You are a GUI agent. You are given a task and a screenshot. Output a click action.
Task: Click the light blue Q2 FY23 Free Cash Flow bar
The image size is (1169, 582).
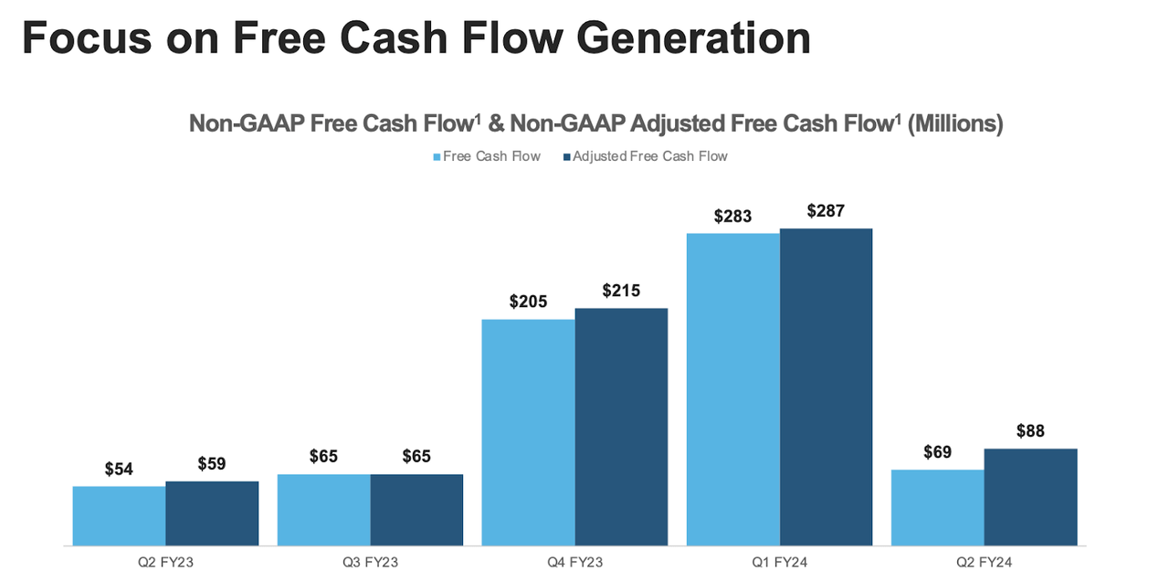coord(119,515)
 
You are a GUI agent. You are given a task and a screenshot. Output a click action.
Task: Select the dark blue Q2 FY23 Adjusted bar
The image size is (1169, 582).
coord(212,513)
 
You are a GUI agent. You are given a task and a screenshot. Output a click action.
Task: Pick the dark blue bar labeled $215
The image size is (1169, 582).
coord(621,427)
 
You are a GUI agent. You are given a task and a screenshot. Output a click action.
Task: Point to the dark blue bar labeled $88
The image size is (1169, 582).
coord(1030,497)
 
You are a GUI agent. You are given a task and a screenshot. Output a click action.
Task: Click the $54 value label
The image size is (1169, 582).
coord(119,469)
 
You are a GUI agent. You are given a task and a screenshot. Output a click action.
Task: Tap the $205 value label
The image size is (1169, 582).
coord(528,302)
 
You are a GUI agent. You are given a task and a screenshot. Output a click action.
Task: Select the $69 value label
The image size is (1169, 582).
coord(937,452)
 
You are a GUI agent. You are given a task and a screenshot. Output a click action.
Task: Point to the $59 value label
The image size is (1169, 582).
coord(212,463)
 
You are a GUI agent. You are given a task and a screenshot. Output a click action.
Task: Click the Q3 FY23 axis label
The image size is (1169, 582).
coord(370,562)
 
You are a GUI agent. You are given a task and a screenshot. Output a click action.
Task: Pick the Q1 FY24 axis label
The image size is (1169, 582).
coord(779,562)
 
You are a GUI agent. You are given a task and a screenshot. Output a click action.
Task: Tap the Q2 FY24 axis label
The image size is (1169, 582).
coord(984,562)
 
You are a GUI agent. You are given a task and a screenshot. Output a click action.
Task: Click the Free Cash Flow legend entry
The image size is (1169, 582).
coord(487,156)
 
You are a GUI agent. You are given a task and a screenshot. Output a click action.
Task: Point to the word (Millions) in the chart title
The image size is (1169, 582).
coord(955,123)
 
